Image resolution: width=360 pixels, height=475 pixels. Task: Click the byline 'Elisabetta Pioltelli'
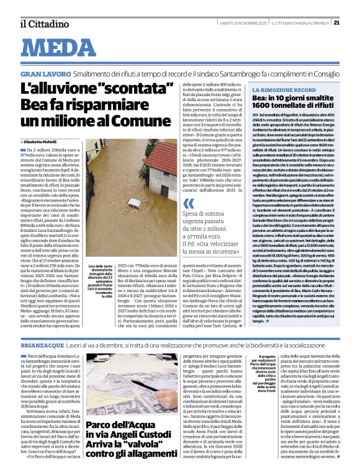44,142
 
